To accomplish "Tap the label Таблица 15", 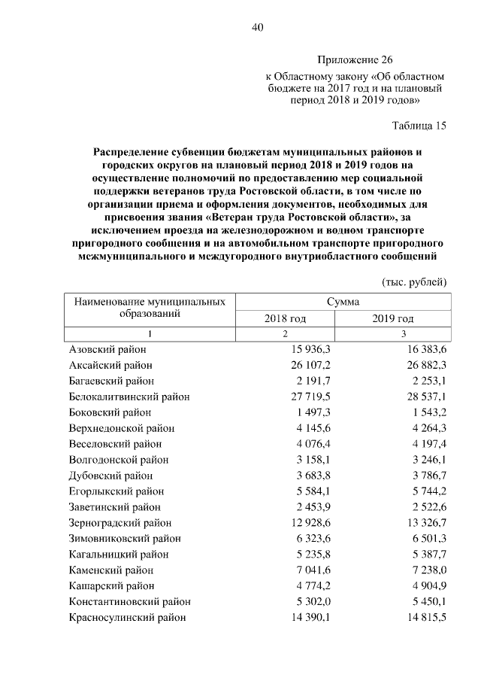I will pos(419,126).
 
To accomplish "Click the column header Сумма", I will pos(343,301).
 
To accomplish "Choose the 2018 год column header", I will pos(285,318).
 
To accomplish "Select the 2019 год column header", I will pos(393,318).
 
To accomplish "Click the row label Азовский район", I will pos(107,350).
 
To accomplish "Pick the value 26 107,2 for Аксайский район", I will pos(311,366).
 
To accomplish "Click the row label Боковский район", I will pos(110,412).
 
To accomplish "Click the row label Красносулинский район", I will pos(128,617).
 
